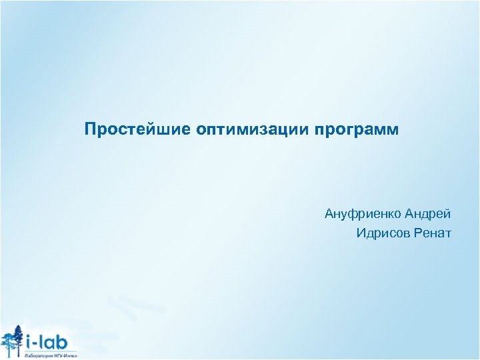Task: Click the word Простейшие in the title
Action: [136, 128]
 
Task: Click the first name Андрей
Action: [427, 214]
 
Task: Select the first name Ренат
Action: [433, 233]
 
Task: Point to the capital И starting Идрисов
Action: [361, 233]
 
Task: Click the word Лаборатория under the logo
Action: [38, 356]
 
